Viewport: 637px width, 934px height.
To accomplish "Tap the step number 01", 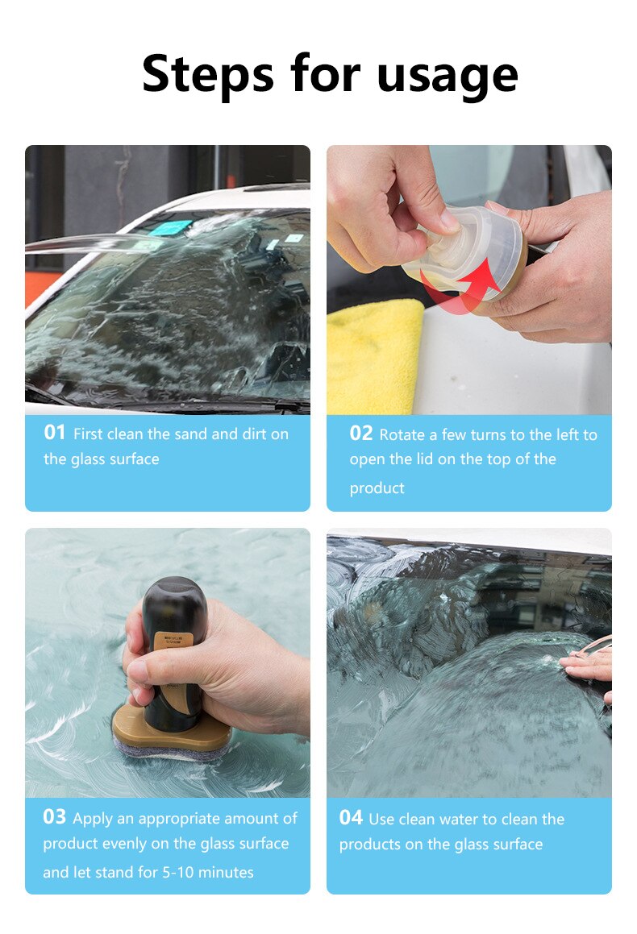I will click(x=54, y=433).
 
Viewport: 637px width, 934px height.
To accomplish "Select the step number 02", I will click(x=360, y=434).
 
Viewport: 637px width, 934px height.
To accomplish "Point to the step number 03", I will click(x=54, y=817).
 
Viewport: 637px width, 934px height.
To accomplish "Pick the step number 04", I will click(x=351, y=818).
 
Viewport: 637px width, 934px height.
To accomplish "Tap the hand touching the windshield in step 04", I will click(x=586, y=665).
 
